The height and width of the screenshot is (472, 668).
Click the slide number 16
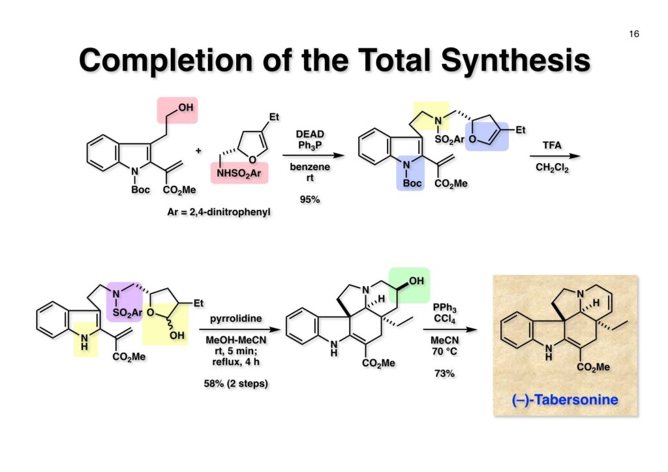(634, 34)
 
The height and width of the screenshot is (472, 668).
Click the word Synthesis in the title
(515, 61)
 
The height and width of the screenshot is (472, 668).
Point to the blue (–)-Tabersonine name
(566, 399)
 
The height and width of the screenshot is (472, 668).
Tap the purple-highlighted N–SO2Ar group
(124, 304)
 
